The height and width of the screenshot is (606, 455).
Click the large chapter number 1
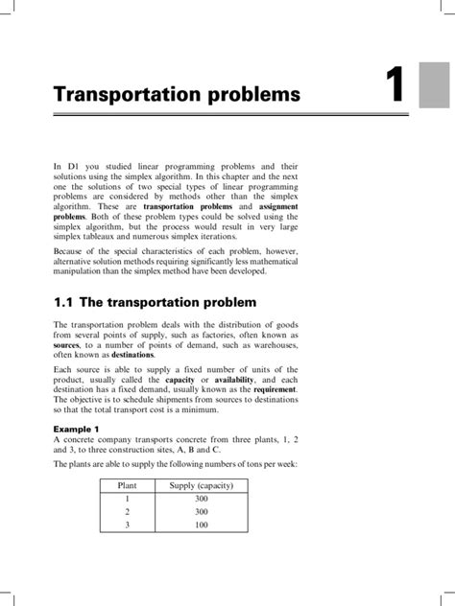pyautogui.click(x=394, y=88)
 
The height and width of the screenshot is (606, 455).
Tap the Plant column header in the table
pyautogui.click(x=126, y=514)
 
